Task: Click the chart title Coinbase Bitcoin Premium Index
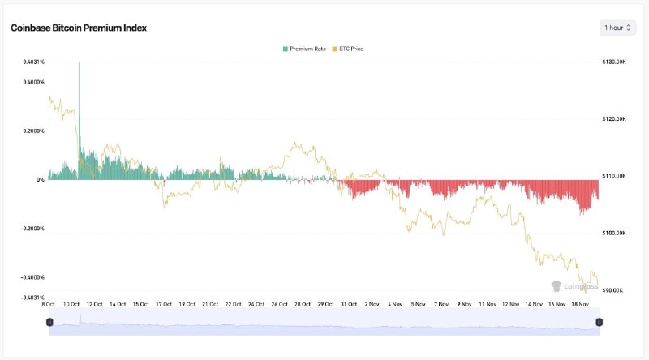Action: [x=79, y=28]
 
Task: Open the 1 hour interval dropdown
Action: [x=617, y=28]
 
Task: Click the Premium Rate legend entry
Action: [x=304, y=49]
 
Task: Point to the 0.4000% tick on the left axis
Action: [x=33, y=82]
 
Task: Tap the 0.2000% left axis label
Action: [x=33, y=131]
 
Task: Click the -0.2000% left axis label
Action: [x=32, y=229]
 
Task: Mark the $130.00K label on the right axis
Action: [x=613, y=62]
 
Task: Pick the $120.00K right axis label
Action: [x=613, y=118]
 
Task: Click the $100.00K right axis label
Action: [x=613, y=233]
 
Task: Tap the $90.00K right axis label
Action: [x=613, y=289]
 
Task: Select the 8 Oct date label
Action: [x=49, y=304]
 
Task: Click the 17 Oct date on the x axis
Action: [x=165, y=304]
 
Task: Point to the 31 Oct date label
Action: [x=350, y=304]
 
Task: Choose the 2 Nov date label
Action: [x=372, y=304]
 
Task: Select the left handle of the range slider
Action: [x=49, y=322]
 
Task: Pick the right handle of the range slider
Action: [x=599, y=322]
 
